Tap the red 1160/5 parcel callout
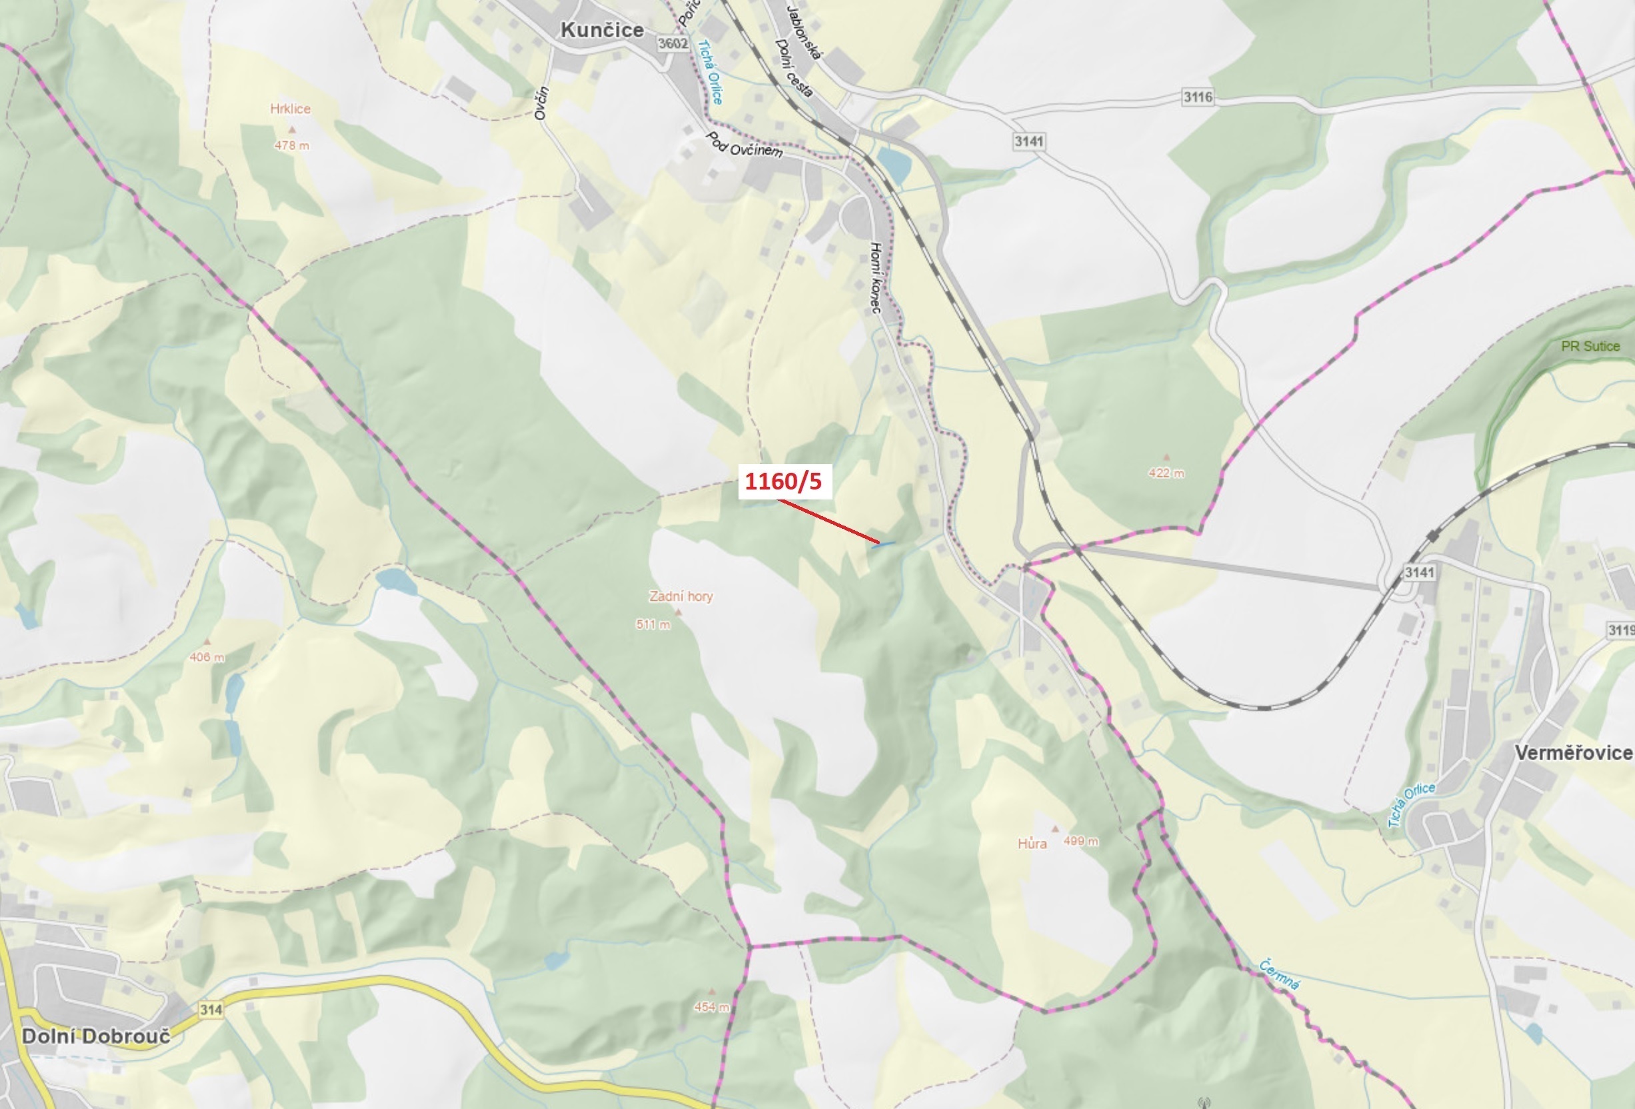(784, 481)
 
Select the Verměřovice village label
(1572, 753)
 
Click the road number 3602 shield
(673, 43)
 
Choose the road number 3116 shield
(1197, 97)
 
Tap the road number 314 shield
(211, 1010)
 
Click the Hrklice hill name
(290, 109)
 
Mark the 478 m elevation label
(291, 145)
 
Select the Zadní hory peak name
(681, 597)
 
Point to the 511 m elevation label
(653, 624)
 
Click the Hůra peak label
(1032, 844)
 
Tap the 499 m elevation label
(1080, 841)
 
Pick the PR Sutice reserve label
(1590, 346)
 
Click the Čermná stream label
(1279, 974)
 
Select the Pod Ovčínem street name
(744, 145)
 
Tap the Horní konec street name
(876, 278)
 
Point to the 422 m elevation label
(1166, 473)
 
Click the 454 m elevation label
(711, 1007)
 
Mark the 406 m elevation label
(207, 658)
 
